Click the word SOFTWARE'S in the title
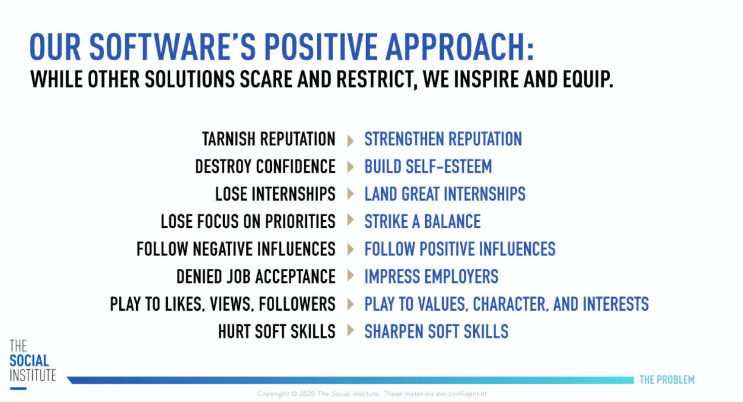tap(173, 47)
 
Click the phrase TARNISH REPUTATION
tap(269, 139)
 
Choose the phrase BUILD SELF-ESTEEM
tap(428, 166)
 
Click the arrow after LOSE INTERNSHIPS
tap(351, 194)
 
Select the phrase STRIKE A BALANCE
tap(423, 221)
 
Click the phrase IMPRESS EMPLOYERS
tap(431, 276)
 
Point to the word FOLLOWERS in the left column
tap(297, 304)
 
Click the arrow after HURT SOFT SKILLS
tap(351, 330)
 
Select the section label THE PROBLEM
tap(667, 379)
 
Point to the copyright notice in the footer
tap(373, 393)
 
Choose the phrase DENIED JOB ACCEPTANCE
tap(256, 276)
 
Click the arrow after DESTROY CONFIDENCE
tap(351, 167)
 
